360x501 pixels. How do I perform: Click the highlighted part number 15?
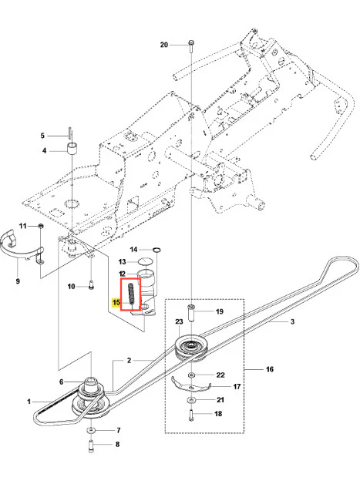116,302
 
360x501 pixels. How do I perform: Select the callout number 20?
164,45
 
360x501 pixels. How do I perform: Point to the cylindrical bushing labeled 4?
72,150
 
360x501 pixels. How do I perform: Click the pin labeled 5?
69,133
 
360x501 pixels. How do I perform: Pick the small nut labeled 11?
41,226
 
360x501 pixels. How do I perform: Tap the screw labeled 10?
91,285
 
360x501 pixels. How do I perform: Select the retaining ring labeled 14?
156,250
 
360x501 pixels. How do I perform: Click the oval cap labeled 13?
145,261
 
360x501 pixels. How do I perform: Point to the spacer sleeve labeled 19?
191,314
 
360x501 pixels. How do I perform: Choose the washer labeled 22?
190,375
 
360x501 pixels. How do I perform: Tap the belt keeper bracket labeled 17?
190,385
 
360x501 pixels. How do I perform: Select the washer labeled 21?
190,400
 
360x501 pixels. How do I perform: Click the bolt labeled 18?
190,415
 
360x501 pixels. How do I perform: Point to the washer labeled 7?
92,431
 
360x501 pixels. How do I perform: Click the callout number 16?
270,369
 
